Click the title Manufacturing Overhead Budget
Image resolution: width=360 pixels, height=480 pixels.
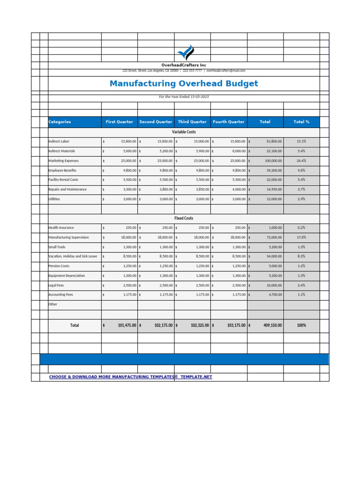point(184,84)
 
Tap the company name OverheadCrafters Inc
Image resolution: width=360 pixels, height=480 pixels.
point(184,65)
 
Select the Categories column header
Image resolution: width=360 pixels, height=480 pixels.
point(60,122)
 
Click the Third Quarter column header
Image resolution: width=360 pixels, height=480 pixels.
point(192,122)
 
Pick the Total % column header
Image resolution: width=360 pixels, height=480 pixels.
point(301,122)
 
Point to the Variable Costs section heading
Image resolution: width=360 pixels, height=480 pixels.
point(184,132)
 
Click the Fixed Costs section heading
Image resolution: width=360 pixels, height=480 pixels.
point(184,218)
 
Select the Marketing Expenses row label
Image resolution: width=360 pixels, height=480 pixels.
point(64,161)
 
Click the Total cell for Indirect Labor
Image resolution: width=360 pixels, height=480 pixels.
point(274,141)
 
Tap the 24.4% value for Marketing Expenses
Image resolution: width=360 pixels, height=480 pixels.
point(301,161)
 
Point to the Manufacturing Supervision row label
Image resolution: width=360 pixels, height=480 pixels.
point(68,237)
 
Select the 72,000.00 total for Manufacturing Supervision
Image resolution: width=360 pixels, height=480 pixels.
point(274,237)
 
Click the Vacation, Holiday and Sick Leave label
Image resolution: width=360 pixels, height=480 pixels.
point(73,256)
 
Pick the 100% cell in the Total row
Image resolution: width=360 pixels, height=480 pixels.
point(301,325)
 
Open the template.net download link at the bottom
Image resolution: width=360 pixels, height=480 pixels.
point(131,377)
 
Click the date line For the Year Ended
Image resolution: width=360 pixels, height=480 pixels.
point(184,97)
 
